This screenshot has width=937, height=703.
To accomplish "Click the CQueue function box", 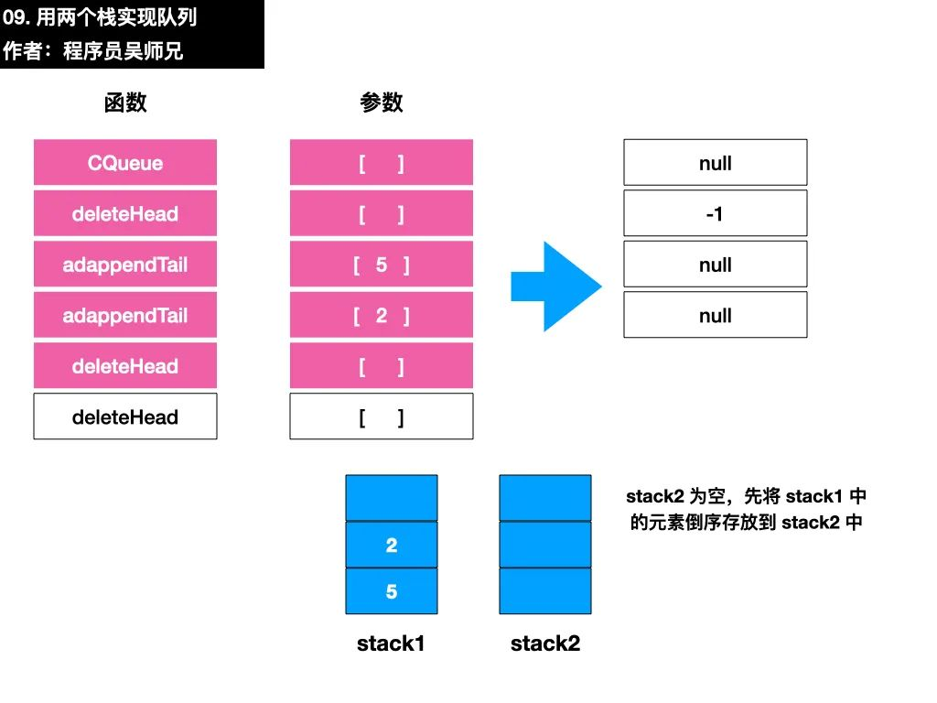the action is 124,163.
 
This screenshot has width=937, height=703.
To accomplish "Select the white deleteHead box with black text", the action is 124,416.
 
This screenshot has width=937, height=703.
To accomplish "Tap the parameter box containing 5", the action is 382,265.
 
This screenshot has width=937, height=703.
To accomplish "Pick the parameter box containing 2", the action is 382,315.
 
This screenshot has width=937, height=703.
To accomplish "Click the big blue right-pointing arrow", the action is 555,287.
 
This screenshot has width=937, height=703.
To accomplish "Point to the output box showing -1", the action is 716,213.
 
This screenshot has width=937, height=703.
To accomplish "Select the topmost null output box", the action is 716,163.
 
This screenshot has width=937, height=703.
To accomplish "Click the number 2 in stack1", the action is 392,546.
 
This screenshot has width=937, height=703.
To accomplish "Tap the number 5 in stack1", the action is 392,591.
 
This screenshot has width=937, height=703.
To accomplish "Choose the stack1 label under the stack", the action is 391,644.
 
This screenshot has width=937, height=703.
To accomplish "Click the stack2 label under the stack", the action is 545,644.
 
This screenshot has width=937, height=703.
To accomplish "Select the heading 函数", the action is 124,103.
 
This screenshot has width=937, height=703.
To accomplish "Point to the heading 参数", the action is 382,103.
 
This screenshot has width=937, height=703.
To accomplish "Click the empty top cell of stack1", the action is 392,498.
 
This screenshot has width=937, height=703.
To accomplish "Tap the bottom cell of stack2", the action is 545,591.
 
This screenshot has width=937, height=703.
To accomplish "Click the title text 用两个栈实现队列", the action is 116,17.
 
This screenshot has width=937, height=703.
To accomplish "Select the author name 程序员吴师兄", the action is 124,51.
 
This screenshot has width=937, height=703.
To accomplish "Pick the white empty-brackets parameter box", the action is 382,416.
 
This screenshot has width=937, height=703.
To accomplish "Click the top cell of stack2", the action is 545,498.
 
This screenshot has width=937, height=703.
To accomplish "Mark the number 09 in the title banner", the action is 14,17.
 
